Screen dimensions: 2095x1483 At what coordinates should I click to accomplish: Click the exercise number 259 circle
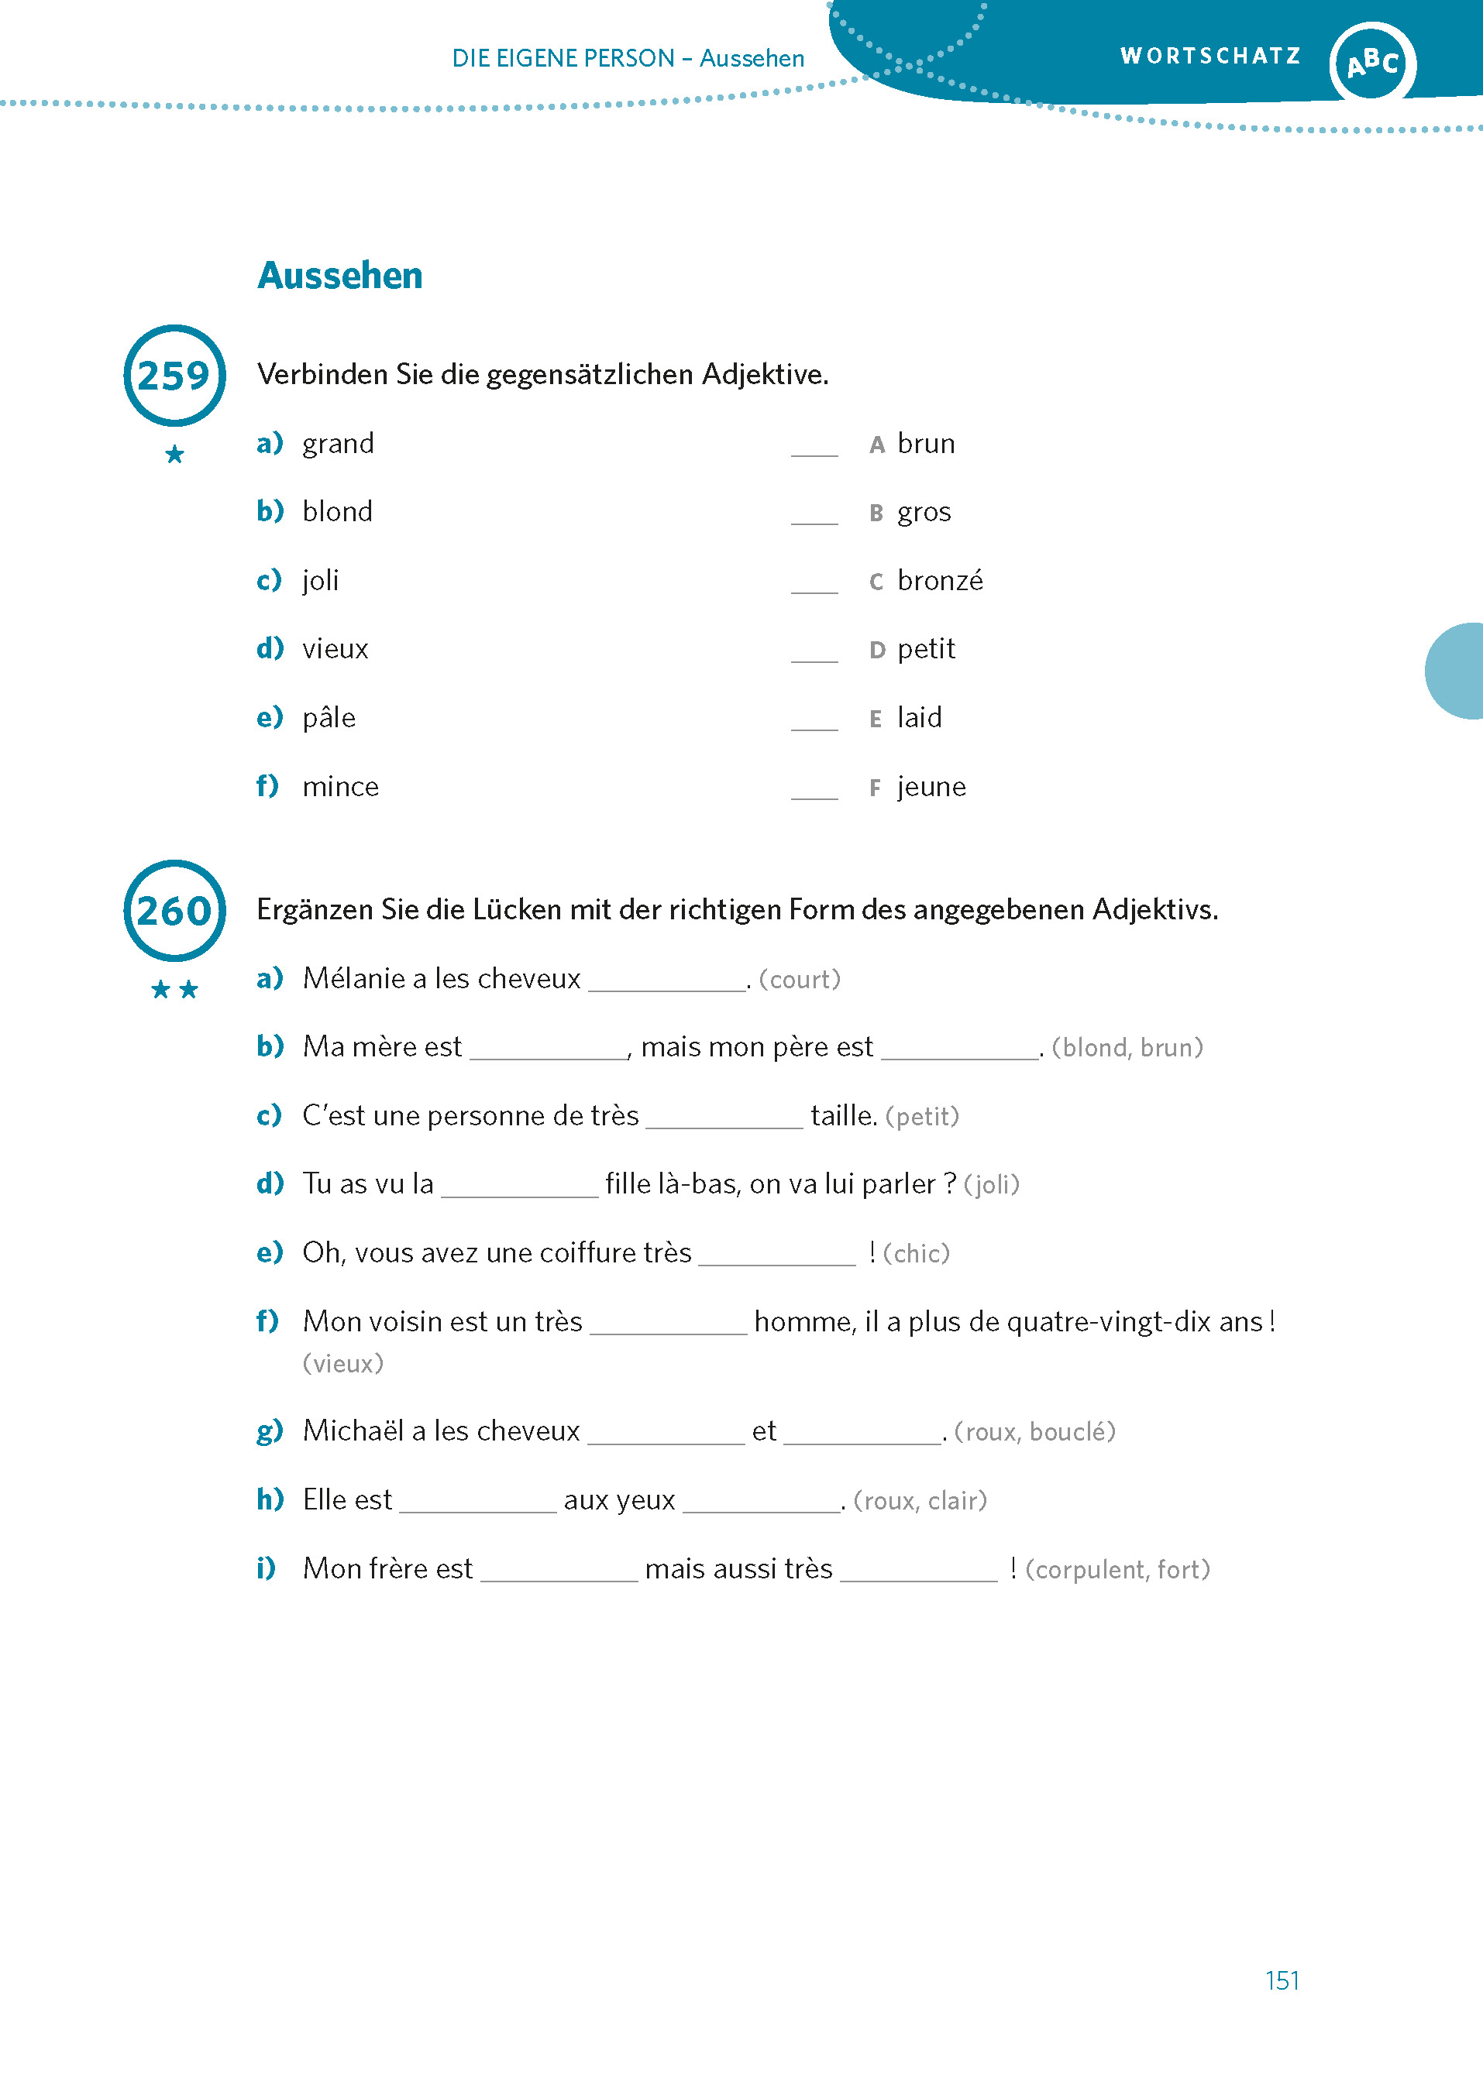point(174,375)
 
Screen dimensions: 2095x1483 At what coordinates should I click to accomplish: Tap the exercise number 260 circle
point(174,910)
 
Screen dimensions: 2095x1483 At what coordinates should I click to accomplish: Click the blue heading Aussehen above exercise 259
point(339,276)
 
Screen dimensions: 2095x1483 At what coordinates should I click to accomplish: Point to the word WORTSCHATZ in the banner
point(1210,57)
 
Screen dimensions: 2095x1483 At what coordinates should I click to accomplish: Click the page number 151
point(1282,1980)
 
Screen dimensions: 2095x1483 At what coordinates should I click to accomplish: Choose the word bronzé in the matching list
point(940,581)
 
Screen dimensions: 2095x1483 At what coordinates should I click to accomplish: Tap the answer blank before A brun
point(814,448)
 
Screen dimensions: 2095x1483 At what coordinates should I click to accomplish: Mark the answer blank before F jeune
point(814,791)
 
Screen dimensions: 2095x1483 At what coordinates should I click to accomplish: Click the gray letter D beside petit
point(876,650)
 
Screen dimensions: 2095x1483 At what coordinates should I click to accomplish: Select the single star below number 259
point(174,454)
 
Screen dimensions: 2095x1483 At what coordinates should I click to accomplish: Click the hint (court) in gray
point(799,980)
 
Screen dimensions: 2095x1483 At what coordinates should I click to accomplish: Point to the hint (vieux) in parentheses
point(342,1364)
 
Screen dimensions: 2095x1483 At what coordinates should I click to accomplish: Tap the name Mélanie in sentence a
point(353,979)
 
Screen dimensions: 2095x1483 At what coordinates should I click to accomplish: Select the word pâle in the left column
point(329,717)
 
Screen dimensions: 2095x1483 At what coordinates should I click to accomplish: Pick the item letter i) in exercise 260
point(266,1568)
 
